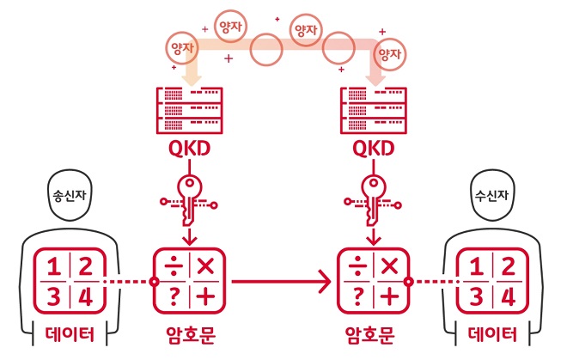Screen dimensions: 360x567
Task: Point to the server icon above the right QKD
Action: (x=374, y=108)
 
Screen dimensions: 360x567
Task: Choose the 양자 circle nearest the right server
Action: (x=392, y=53)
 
